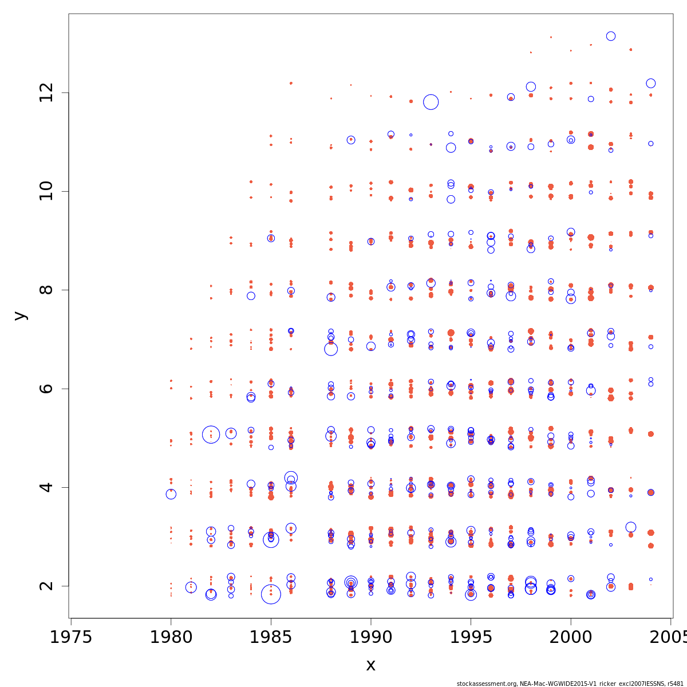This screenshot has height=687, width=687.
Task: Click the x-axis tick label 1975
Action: [71, 637]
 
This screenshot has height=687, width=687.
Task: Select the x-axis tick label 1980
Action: [171, 637]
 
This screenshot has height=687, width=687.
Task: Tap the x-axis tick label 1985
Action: [271, 637]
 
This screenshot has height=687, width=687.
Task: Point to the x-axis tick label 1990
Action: [371, 637]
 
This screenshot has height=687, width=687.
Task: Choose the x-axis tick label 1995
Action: [471, 637]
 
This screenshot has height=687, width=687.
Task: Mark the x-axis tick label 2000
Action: [571, 637]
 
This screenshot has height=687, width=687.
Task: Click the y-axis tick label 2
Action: [48, 586]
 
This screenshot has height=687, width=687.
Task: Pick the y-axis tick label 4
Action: [48, 487]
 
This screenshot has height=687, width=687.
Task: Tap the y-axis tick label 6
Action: [48, 388]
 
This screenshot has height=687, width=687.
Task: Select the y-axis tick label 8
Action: [48, 290]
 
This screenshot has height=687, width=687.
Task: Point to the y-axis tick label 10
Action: [48, 191]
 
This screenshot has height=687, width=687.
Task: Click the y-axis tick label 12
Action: [48, 93]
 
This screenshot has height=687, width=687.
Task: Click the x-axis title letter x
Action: [370, 665]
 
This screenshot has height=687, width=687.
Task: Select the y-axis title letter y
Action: [21, 315]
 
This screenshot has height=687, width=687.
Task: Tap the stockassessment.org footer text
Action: [570, 684]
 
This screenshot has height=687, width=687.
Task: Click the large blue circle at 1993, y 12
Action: [431, 102]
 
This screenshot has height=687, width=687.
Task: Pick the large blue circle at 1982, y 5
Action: [211, 435]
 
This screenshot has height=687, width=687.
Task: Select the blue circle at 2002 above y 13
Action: [611, 36]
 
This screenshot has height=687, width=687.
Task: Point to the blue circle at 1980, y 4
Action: [171, 494]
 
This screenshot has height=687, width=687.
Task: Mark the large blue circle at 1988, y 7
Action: [331, 349]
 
